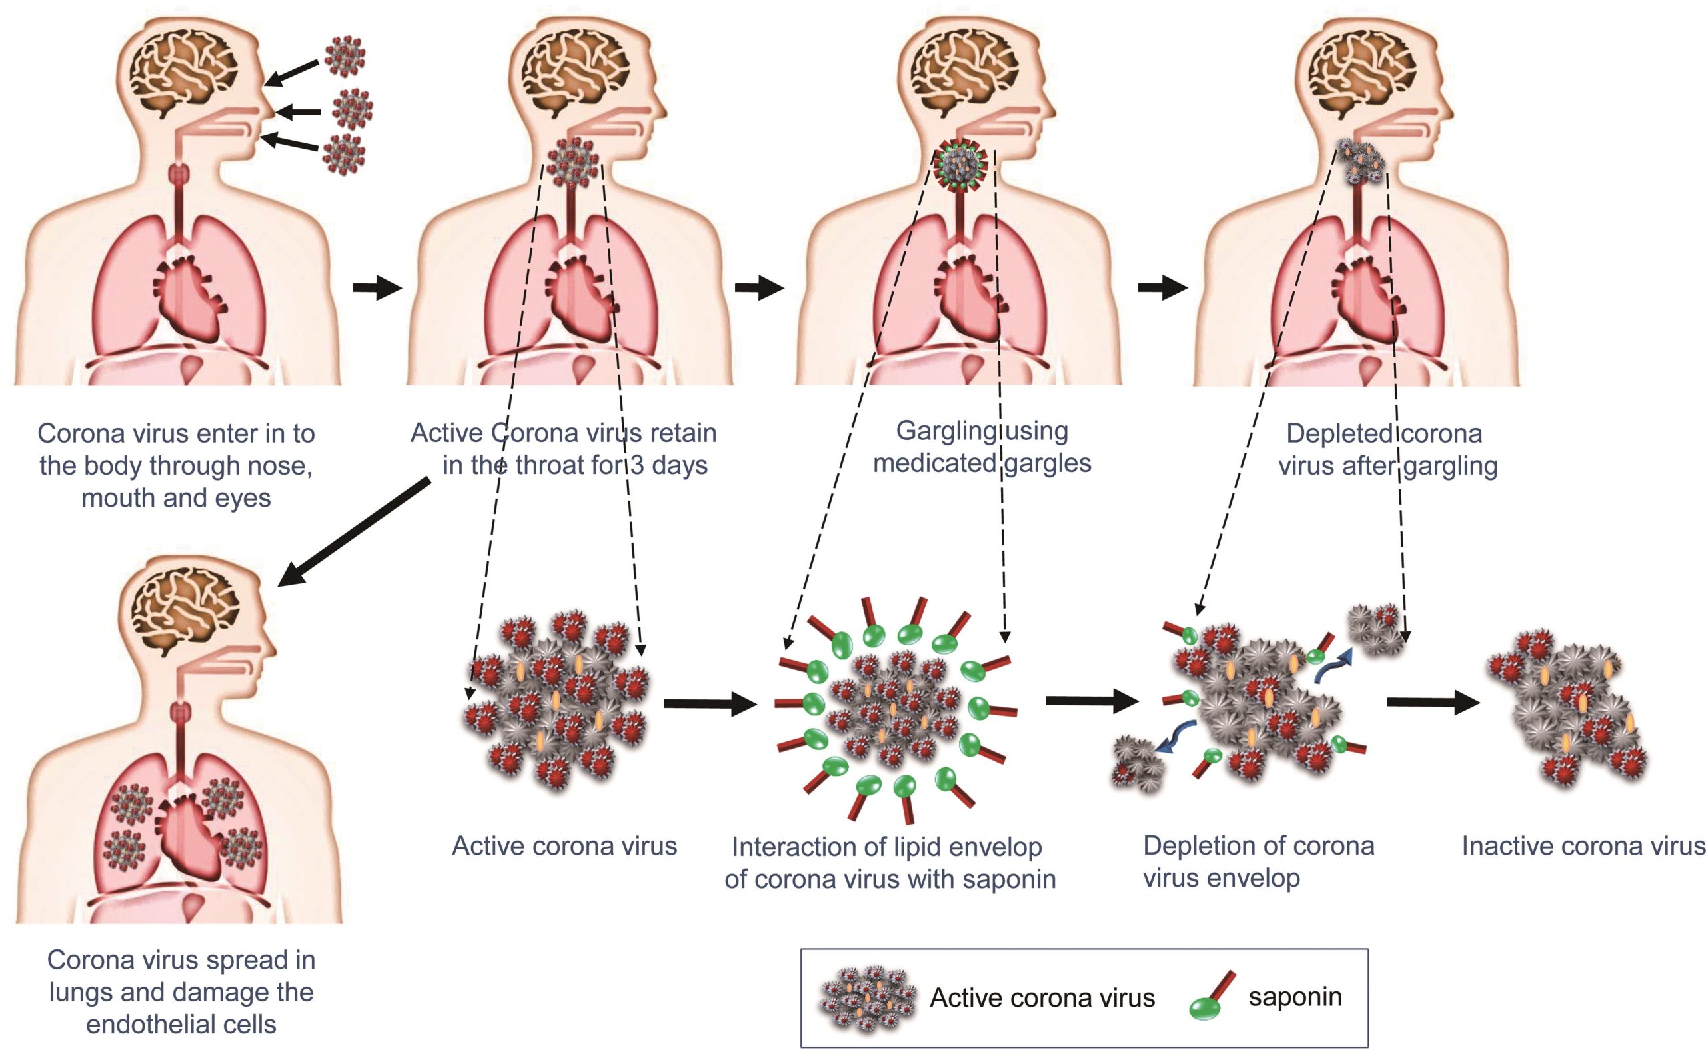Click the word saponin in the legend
pos(1294,997)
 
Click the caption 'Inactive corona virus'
pos(1583,845)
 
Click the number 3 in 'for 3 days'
pos(636,465)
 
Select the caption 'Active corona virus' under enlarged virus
pos(564,845)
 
